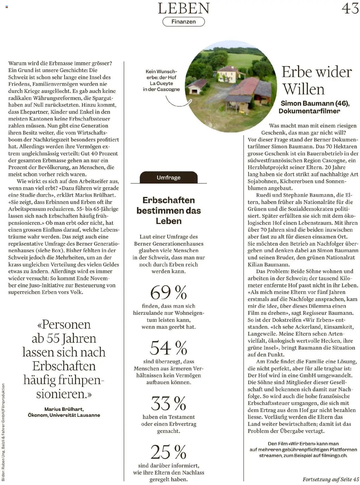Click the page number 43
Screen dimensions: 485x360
pos(350,8)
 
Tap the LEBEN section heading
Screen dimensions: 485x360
pos(184,8)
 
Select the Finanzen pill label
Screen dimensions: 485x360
pos(184,22)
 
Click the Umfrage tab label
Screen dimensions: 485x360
pos(168,178)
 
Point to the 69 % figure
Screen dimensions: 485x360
pos(168,292)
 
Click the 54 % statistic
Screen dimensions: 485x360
pos(168,348)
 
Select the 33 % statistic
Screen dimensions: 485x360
pos(168,403)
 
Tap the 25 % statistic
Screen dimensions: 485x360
pos(168,452)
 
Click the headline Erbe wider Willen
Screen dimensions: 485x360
pos(317,81)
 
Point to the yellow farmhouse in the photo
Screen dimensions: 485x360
pos(227,74)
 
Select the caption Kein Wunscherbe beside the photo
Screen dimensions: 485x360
pos(161,80)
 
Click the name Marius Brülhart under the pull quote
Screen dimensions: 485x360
pos(64,409)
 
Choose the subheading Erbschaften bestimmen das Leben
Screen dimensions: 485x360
pos(168,210)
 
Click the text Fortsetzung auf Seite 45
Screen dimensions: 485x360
pos(331,479)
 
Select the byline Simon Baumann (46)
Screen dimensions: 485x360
pos(315,104)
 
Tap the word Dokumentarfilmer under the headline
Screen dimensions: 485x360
pos(309,111)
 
